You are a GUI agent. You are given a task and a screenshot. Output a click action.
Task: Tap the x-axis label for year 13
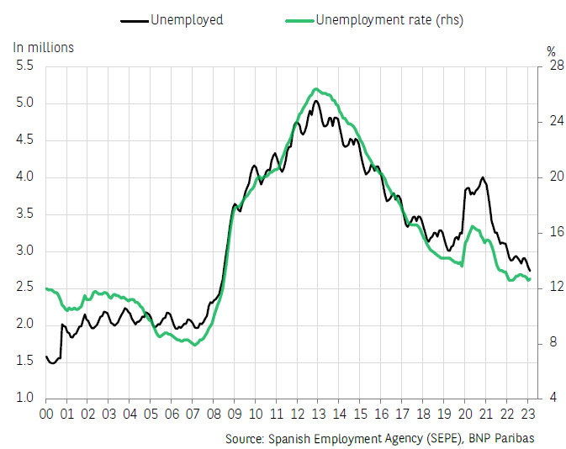pyautogui.click(x=318, y=415)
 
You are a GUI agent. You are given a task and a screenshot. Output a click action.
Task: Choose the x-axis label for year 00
pyautogui.click(x=46, y=415)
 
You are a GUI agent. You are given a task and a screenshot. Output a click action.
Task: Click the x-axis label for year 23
pyautogui.click(x=527, y=415)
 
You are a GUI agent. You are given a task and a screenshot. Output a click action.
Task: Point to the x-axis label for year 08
pyautogui.click(x=214, y=415)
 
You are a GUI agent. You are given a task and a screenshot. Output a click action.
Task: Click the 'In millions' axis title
pyautogui.click(x=44, y=47)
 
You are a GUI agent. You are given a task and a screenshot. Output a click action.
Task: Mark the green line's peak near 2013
pyautogui.click(x=315, y=89)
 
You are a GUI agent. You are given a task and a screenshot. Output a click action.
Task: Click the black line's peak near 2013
pyautogui.click(x=316, y=101)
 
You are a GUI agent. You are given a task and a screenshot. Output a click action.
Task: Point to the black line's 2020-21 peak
pyautogui.click(x=482, y=177)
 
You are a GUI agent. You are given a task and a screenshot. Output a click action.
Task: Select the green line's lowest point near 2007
pyautogui.click(x=195, y=345)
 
